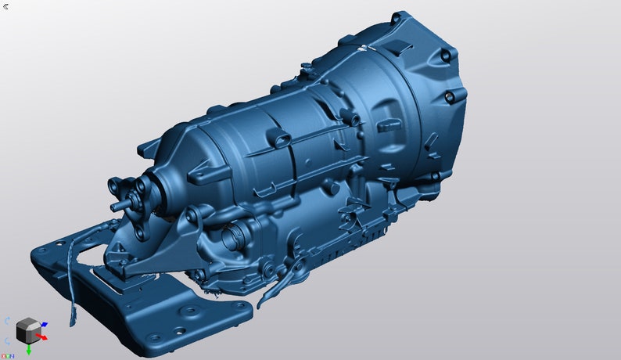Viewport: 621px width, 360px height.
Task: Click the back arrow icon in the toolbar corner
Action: pyautogui.click(x=6, y=6)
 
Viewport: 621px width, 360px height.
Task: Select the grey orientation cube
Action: pyautogui.click(x=28, y=330)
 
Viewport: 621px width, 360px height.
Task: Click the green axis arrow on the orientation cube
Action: pyautogui.click(x=29, y=350)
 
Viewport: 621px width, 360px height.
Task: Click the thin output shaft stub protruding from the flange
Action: pyautogui.click(x=119, y=206)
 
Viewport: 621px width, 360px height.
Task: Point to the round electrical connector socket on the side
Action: pyautogui.click(x=232, y=234)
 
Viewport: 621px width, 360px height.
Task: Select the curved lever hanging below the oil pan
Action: pyautogui.click(x=280, y=282)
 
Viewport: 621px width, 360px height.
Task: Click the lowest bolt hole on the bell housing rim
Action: pyautogui.click(x=435, y=178)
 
